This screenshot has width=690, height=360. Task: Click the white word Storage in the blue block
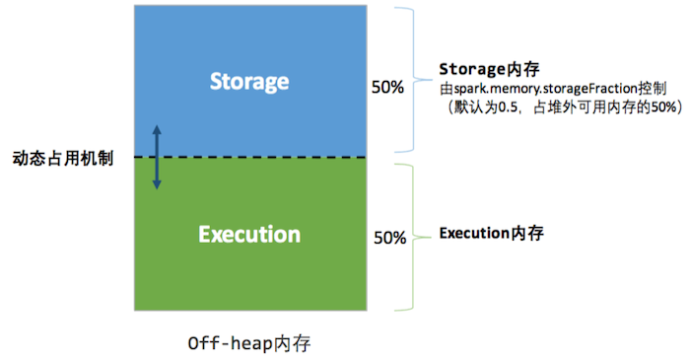(249, 81)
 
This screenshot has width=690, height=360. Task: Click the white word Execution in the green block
(248, 235)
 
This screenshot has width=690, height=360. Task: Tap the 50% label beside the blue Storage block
(387, 87)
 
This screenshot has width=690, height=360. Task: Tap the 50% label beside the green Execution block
(390, 238)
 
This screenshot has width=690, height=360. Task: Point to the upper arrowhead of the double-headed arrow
(155, 130)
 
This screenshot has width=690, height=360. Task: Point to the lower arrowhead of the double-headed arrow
(155, 184)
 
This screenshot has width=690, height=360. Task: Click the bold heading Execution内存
(491, 234)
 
